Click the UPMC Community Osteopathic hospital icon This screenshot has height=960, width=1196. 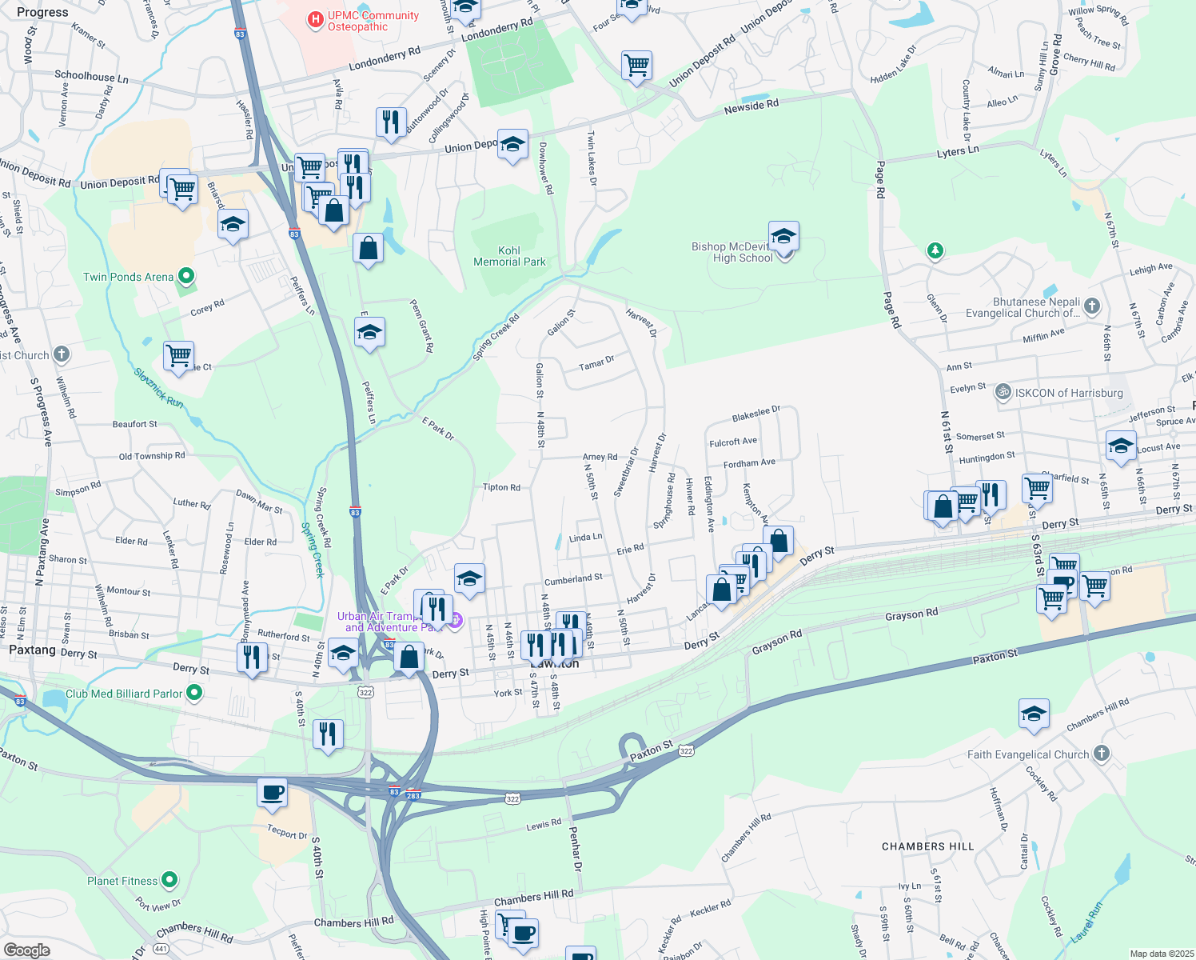click(x=316, y=19)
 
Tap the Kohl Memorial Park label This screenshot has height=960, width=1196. click(x=509, y=256)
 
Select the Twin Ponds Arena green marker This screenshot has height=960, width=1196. click(x=186, y=277)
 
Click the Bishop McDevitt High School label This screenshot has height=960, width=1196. click(x=732, y=253)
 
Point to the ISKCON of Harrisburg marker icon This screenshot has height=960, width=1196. click(x=1003, y=393)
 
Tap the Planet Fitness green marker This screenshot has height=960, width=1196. click(x=169, y=881)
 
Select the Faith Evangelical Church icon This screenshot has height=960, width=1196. click(x=1102, y=754)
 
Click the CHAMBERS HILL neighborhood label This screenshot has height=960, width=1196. click(x=927, y=846)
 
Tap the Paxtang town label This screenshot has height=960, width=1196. click(x=32, y=650)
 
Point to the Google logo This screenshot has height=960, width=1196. click(x=26, y=950)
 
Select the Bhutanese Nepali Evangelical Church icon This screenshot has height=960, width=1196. click(x=1092, y=306)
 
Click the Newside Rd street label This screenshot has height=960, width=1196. click(x=751, y=106)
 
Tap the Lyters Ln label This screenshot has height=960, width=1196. click(x=958, y=151)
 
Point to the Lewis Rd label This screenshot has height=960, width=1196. click(x=544, y=824)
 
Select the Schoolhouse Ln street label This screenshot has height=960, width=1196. click(x=91, y=77)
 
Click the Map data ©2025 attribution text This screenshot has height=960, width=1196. click(x=1162, y=954)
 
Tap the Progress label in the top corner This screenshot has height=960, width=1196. click(x=42, y=13)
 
